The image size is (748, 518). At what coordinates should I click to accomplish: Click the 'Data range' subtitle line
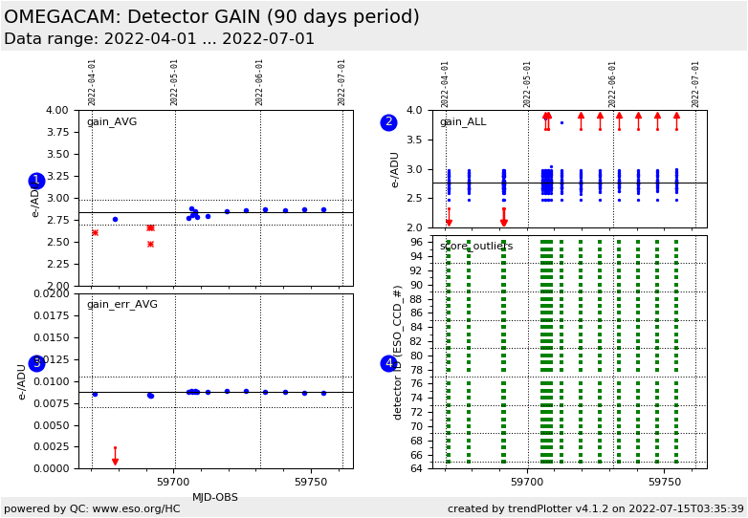click(159, 39)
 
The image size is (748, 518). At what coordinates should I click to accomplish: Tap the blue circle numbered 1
click(36, 181)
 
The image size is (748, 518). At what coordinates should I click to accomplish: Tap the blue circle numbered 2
click(388, 122)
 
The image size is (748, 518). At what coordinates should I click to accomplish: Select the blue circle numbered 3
click(36, 363)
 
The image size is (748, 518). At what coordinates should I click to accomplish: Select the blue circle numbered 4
click(388, 363)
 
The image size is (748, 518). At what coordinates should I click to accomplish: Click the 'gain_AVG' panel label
click(112, 122)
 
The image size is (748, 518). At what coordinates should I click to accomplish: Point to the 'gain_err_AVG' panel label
click(121, 305)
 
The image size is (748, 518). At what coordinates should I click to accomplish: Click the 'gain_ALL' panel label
click(463, 122)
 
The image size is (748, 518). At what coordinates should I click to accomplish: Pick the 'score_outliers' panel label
click(475, 247)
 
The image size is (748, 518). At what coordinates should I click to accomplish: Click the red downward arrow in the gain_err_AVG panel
click(115, 461)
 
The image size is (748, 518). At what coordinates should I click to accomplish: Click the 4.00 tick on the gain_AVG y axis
click(58, 111)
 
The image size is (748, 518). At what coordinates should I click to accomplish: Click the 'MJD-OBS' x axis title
click(215, 498)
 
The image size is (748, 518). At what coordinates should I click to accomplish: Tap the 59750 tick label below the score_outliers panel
click(664, 483)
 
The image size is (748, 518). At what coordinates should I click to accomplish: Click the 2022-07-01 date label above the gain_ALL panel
click(695, 83)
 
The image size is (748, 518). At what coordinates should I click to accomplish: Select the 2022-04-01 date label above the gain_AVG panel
click(93, 82)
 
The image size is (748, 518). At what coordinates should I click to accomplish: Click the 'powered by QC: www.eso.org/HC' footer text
click(92, 508)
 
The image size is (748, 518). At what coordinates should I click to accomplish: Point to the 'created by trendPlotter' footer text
click(595, 508)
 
